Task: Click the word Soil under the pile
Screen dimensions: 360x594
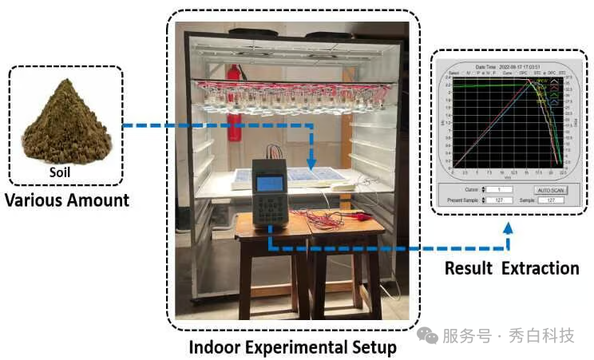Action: (x=64, y=170)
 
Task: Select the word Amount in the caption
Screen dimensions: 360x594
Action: (x=100, y=200)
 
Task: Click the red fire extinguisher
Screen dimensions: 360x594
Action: (x=235, y=100)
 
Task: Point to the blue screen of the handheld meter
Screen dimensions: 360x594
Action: (x=269, y=183)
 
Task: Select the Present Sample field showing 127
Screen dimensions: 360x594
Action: (x=491, y=200)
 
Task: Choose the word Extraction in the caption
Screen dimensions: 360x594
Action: (x=541, y=268)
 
